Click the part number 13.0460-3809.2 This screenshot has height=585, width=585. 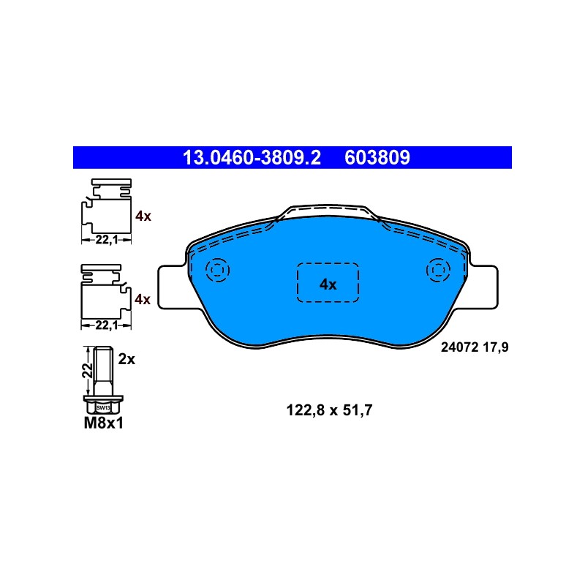252,157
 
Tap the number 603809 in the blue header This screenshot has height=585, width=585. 377,157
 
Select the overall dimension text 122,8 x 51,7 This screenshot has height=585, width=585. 330,410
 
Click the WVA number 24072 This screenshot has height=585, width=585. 460,347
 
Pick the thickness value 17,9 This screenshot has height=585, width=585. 496,348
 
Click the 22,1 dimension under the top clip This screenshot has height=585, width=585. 106,240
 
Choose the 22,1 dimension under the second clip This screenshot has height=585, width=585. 106,325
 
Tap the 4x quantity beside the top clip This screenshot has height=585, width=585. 143,216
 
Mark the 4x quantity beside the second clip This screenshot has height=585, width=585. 143,299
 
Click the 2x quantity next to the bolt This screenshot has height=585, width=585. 127,359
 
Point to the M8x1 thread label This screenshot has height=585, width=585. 104,423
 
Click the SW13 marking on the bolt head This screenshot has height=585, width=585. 103,408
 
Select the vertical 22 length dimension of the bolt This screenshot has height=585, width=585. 87,371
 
